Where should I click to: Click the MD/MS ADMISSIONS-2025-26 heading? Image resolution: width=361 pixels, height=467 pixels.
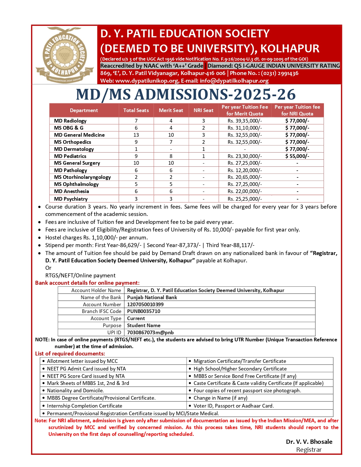(x=186, y=95)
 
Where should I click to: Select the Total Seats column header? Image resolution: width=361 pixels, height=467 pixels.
(x=136, y=110)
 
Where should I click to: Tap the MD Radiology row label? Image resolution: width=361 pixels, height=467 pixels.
(x=70, y=121)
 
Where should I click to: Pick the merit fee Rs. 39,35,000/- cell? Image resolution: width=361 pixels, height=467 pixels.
(x=245, y=121)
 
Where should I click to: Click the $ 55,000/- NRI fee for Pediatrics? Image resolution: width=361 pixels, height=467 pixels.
(x=297, y=156)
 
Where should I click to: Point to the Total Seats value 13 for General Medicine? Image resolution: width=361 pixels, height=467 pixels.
(x=136, y=135)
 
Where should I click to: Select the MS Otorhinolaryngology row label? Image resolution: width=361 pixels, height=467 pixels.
(x=82, y=177)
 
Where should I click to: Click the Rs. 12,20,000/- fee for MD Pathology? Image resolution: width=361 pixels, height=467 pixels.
(x=245, y=170)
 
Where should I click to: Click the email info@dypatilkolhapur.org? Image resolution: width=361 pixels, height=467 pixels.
(x=234, y=81)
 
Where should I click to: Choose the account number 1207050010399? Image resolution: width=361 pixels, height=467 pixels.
(x=145, y=305)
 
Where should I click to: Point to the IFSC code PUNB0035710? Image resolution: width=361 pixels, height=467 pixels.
(x=144, y=311)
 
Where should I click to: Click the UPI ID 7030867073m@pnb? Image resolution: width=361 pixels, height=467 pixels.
(x=150, y=333)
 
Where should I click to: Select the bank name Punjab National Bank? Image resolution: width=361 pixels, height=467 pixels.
(x=152, y=297)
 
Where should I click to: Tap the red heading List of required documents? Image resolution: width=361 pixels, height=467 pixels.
(x=70, y=354)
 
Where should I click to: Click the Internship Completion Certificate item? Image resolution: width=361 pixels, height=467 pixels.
(x=84, y=406)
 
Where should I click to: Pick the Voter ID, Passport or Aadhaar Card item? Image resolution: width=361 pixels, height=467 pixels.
(x=234, y=406)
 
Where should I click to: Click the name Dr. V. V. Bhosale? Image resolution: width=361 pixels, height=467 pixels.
(x=309, y=442)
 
